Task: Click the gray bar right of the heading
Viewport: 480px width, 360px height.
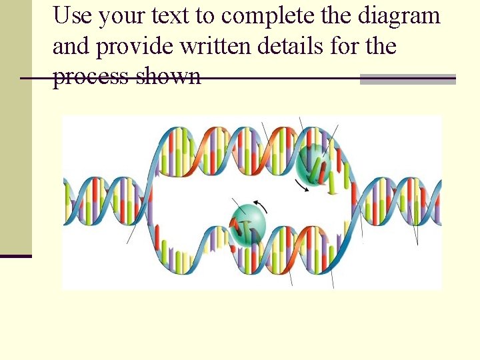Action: point(407,79)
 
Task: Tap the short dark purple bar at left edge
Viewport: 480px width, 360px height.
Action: point(15,255)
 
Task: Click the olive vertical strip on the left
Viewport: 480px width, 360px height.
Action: point(15,127)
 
